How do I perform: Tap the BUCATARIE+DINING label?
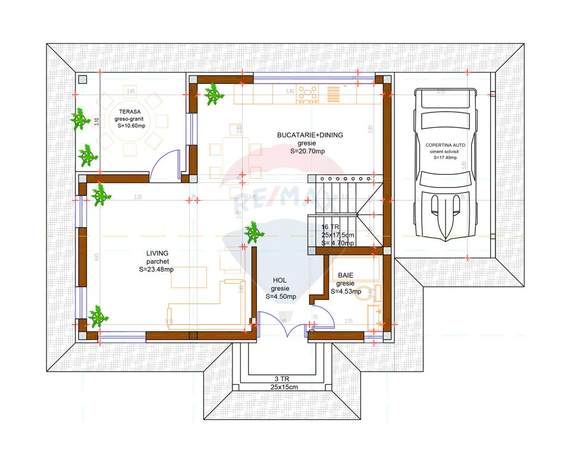(x=309, y=135)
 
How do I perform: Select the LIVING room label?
(x=157, y=253)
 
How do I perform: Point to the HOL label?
(x=280, y=280)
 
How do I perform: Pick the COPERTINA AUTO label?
(x=445, y=145)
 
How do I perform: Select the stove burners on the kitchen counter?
(x=308, y=93)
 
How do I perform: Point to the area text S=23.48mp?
(x=156, y=270)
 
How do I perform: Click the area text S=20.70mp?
(x=308, y=151)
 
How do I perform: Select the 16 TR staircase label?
(x=330, y=227)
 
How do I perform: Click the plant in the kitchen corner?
(x=213, y=94)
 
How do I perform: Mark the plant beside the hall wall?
(x=255, y=232)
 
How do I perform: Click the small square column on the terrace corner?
(x=83, y=80)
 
